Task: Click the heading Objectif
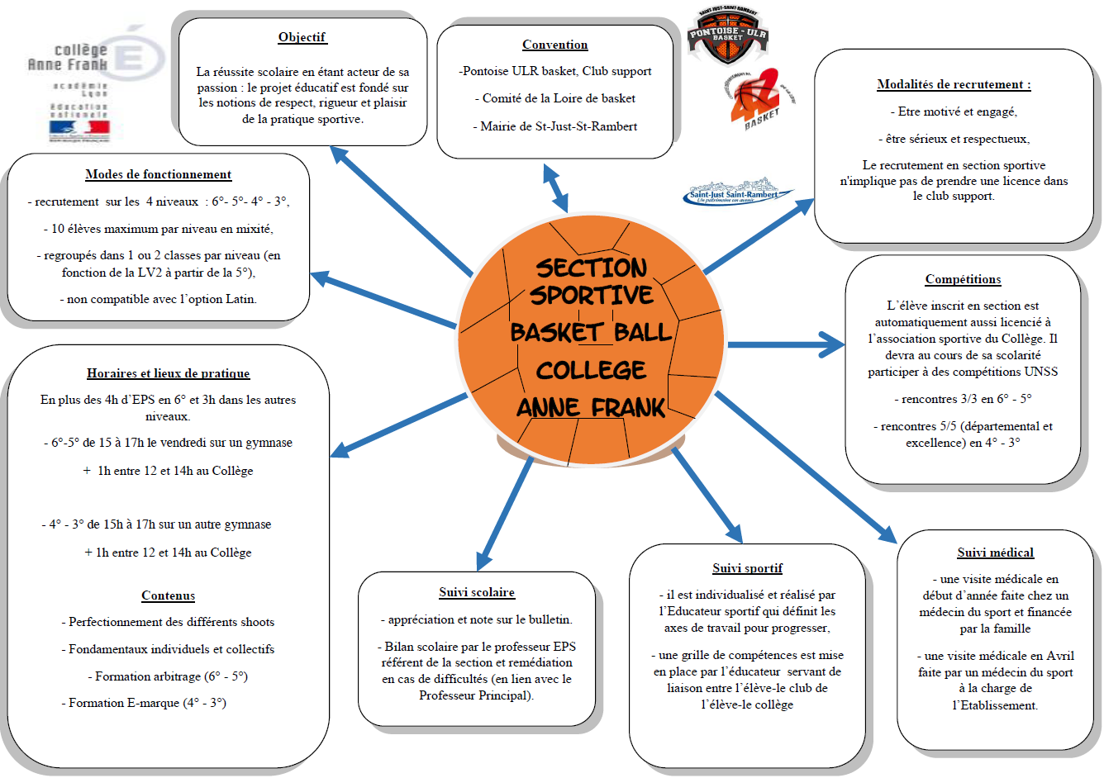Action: [x=302, y=37]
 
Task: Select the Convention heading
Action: [x=554, y=45]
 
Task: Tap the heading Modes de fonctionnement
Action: [x=158, y=174]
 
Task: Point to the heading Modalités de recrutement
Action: [x=954, y=84]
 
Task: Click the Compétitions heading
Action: [x=963, y=279]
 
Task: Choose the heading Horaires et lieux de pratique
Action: [x=168, y=373]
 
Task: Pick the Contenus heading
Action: [x=168, y=595]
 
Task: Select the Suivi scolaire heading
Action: [x=477, y=592]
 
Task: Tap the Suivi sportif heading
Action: [x=747, y=568]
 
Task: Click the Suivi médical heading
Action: [x=995, y=553]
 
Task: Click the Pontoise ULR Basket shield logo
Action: [x=727, y=37]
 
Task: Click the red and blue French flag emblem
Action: [x=79, y=128]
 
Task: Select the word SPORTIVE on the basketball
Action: [x=591, y=296]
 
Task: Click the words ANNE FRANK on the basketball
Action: [x=591, y=407]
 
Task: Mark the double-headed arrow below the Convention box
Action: [x=555, y=187]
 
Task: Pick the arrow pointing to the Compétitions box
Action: [x=785, y=344]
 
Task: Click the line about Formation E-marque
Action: [x=143, y=703]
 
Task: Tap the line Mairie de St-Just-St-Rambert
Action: [x=554, y=126]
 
